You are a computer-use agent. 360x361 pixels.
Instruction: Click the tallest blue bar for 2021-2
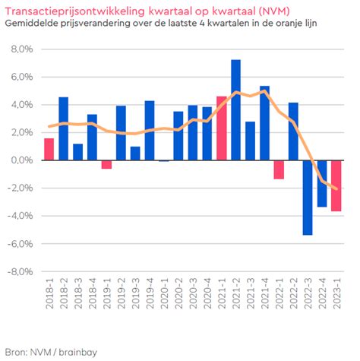point(235,110)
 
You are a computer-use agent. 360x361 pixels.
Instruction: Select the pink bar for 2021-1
point(222,128)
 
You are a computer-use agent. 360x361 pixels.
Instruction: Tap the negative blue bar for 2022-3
point(308,198)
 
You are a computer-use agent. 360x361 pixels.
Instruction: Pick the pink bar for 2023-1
point(336,185)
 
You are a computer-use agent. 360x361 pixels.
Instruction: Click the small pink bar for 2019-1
point(106,164)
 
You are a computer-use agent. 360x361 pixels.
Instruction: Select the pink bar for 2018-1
point(49,149)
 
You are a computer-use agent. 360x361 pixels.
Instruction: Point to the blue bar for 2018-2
point(64,128)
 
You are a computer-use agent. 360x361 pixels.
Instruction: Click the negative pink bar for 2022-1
point(279,169)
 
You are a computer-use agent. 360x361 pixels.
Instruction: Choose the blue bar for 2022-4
point(322,184)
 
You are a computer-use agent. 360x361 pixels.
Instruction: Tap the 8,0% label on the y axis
point(22,49)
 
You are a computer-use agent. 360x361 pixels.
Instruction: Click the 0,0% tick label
point(22,160)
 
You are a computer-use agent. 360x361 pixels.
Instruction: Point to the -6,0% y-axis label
point(21,244)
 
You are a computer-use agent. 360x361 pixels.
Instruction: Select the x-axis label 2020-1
point(164,293)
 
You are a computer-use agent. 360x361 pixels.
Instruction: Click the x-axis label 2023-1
point(336,293)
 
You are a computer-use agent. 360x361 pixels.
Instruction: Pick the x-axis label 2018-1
point(49,293)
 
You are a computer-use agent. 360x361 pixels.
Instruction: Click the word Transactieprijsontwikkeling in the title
point(75,11)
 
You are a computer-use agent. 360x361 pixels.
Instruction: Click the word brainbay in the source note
point(78,352)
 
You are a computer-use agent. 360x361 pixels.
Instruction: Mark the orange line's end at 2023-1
point(336,189)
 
